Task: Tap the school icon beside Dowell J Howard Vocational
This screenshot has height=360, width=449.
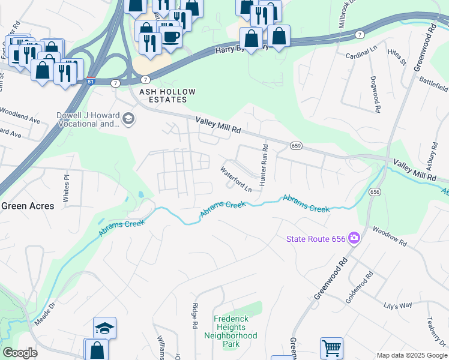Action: (127, 119)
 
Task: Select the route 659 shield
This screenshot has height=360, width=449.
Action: (295, 146)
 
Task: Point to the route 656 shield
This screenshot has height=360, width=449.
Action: (375, 192)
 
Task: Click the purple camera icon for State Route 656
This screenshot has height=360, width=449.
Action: (354, 239)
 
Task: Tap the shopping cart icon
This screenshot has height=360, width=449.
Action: (331, 347)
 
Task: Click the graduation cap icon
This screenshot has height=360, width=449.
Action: (104, 328)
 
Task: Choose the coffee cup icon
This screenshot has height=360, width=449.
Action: (171, 36)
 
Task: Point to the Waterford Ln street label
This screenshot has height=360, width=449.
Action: (235, 179)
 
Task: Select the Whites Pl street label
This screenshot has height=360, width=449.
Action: (66, 187)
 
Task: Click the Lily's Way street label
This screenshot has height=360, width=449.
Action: (398, 305)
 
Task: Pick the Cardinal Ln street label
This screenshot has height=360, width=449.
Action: (360, 55)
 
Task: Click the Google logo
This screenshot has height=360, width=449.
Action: (20, 352)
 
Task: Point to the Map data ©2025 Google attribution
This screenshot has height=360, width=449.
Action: (411, 355)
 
